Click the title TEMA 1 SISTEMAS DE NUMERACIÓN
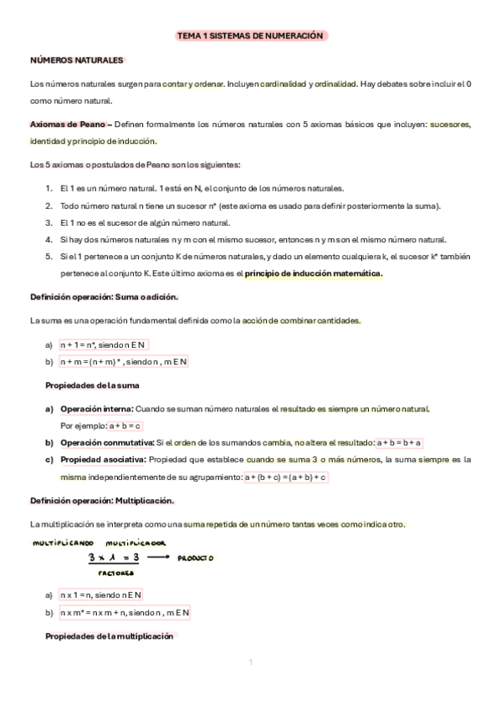[x=249, y=37]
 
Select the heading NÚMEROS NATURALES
[x=77, y=60]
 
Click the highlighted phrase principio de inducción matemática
[x=314, y=274]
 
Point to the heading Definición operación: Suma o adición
[x=105, y=297]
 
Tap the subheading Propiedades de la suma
[x=91, y=385]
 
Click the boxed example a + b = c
[x=125, y=426]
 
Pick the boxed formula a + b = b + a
[x=400, y=442]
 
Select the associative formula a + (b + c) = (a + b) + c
[x=285, y=477]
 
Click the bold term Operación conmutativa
[x=107, y=442]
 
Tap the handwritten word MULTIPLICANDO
[x=64, y=543]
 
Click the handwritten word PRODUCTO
[x=195, y=559]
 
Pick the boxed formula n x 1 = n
[x=101, y=595]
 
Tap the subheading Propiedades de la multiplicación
[x=110, y=636]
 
